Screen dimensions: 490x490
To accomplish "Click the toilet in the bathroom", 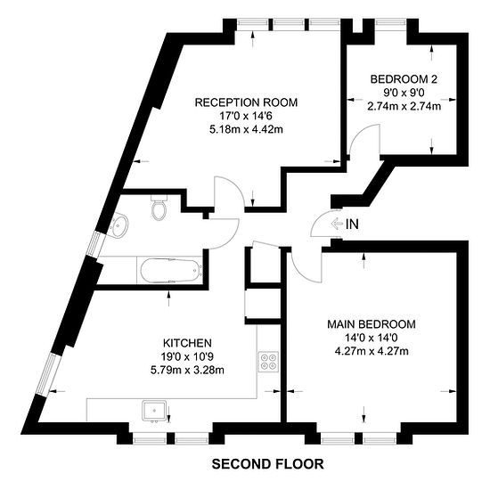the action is click(x=159, y=208).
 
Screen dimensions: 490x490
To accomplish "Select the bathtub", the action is click(x=171, y=271).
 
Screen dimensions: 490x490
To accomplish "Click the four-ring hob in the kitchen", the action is click(x=268, y=362).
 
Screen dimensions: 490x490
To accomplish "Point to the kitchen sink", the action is click(x=154, y=412).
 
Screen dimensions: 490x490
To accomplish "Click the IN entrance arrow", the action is click(x=336, y=224).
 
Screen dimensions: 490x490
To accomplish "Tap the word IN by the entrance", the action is click(x=352, y=224).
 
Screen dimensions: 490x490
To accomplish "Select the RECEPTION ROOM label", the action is click(x=246, y=102).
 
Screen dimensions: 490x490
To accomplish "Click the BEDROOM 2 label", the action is click(x=404, y=79).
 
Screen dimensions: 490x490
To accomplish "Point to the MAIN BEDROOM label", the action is click(x=372, y=324).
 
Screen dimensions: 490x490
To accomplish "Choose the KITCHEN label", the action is click(x=187, y=343).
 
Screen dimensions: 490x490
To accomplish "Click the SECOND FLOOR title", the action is click(x=268, y=464).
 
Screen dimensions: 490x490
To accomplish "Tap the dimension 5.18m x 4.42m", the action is click(x=246, y=129).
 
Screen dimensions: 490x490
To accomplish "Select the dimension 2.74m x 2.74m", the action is click(x=404, y=106).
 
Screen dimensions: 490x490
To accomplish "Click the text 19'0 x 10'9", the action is click(x=187, y=356).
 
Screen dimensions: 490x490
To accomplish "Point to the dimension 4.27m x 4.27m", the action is click(x=372, y=351).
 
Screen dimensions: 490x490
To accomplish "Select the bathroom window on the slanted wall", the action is click(x=94, y=244).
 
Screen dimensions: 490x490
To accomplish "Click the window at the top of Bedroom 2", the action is click(x=391, y=22).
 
